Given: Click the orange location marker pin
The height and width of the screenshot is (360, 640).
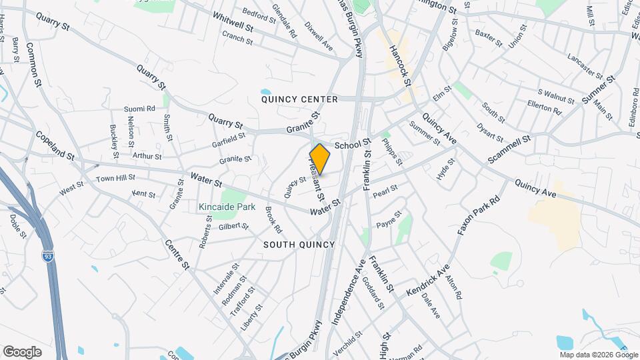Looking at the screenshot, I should point(320,159).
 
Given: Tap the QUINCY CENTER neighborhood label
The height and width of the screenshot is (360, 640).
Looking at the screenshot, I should point(299,99).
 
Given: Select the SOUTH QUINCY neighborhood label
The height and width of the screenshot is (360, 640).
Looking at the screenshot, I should point(299,245).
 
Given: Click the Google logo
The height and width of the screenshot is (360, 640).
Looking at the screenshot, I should point(22,352).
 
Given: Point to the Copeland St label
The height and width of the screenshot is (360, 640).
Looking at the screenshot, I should point(55,146).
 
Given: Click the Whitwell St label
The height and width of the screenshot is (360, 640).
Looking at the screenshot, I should point(233,23).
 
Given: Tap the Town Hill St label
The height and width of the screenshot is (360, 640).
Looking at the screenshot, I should point(115,179).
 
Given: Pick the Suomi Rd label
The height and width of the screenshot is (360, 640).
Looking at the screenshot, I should point(139,108).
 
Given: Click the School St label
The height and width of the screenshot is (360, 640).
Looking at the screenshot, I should point(352,145).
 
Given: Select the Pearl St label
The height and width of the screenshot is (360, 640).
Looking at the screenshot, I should point(385,191).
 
